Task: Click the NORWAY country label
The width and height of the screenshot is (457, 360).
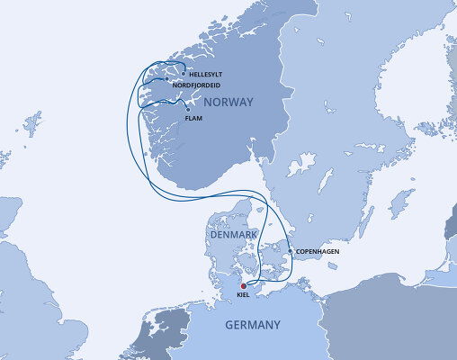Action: [x=229, y=103]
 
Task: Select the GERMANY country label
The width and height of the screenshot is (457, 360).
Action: [x=252, y=325]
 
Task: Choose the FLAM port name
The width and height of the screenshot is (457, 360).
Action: [x=193, y=118]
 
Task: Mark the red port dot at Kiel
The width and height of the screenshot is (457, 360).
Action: [x=243, y=287]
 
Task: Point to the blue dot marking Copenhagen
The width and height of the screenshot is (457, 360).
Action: [x=290, y=251]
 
